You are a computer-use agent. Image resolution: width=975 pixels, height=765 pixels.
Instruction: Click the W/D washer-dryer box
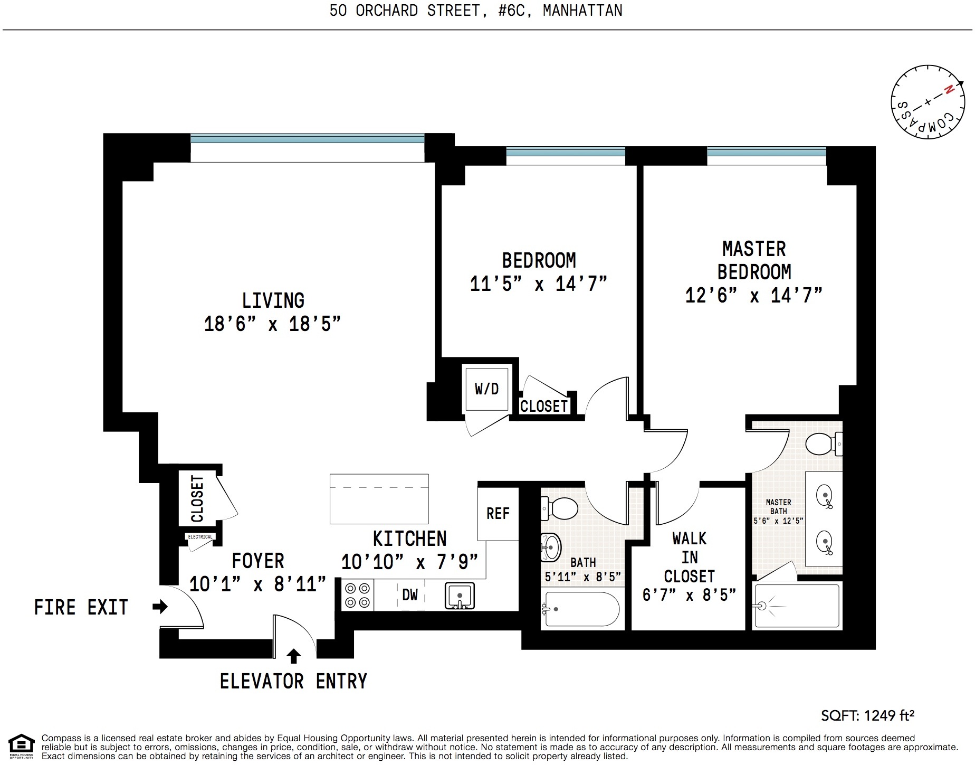(x=486, y=390)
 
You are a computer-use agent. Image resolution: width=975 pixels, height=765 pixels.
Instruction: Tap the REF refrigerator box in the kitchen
(x=498, y=513)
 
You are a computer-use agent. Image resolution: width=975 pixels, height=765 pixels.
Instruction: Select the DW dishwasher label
(x=410, y=595)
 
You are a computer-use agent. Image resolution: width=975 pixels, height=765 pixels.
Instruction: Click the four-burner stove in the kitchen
(x=357, y=595)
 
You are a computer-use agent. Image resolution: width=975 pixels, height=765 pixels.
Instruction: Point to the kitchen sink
(x=460, y=596)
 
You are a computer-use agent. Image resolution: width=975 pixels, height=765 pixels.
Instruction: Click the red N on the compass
(x=949, y=90)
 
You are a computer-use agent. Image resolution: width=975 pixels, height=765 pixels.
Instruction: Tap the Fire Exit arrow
(x=160, y=607)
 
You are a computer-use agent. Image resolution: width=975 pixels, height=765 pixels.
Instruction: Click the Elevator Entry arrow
(x=294, y=656)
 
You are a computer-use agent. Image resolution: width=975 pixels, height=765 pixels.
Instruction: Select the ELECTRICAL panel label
(x=200, y=537)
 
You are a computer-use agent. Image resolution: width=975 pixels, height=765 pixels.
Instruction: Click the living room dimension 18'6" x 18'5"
(x=272, y=324)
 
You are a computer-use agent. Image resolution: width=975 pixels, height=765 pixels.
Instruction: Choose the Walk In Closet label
(x=689, y=558)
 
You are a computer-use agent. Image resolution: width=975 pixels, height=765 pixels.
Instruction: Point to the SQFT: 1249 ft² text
(x=867, y=715)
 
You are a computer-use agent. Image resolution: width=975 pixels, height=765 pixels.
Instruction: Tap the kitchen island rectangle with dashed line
(x=379, y=498)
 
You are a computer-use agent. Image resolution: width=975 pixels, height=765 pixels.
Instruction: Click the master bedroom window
(x=766, y=152)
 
